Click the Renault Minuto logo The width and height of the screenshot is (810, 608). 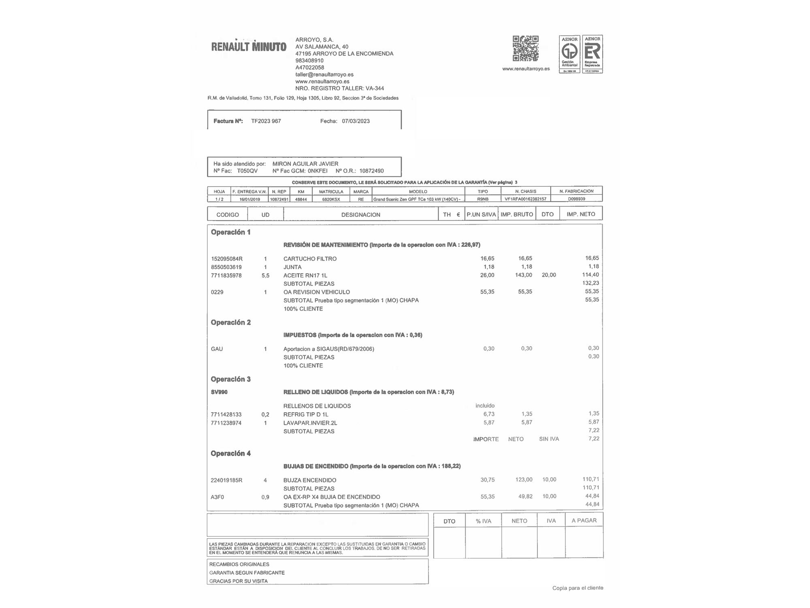249,47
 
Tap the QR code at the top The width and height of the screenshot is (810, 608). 525,48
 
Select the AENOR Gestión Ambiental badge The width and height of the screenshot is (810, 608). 569,54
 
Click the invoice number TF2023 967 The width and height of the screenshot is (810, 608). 266,121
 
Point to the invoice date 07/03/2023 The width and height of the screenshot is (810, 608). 356,121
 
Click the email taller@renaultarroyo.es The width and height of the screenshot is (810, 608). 324,75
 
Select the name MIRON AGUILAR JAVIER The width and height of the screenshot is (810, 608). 305,164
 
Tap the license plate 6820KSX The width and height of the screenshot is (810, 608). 331,199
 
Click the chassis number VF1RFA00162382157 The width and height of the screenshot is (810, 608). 525,199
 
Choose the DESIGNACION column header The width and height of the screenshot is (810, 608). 360,215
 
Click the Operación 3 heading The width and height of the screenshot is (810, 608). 230,379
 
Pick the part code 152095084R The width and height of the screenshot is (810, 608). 227,259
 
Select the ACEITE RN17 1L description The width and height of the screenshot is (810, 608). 305,276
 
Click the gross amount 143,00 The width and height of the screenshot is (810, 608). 523,275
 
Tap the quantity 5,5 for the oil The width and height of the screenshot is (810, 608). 265,276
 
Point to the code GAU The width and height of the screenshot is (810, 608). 217,349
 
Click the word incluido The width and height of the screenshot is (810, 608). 485,406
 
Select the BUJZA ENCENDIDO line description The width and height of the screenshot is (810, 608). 310,480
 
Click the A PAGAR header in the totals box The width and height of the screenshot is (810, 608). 584,520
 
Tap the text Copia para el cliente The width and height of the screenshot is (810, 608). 578,588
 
